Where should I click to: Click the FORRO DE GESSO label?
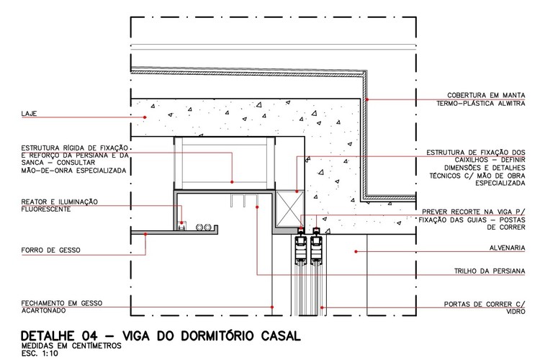51,250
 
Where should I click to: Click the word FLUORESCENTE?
46,209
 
